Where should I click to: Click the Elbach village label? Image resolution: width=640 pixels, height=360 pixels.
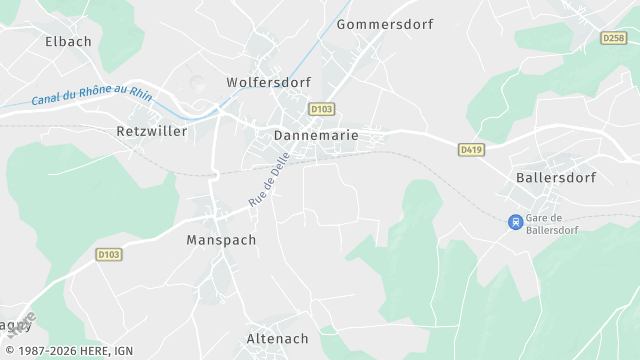[68, 42]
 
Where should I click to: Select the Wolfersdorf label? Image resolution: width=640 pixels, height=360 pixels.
[268, 82]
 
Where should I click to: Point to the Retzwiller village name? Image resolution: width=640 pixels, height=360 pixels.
[152, 131]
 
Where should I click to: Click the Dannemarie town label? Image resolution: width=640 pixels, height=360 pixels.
[315, 134]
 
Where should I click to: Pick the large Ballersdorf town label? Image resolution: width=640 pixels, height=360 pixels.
[556, 178]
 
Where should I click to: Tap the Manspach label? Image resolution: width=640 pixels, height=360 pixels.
[221, 240]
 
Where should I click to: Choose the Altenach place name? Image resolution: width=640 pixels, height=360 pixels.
[277, 339]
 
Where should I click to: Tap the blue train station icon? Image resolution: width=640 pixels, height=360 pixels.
[515, 222]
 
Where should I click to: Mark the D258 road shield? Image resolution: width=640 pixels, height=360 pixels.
[614, 38]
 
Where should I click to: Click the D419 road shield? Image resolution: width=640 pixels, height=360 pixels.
[471, 149]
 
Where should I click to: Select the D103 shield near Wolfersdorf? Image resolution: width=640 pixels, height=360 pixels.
[321, 109]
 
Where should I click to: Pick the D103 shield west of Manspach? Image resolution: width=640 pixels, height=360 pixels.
[109, 255]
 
